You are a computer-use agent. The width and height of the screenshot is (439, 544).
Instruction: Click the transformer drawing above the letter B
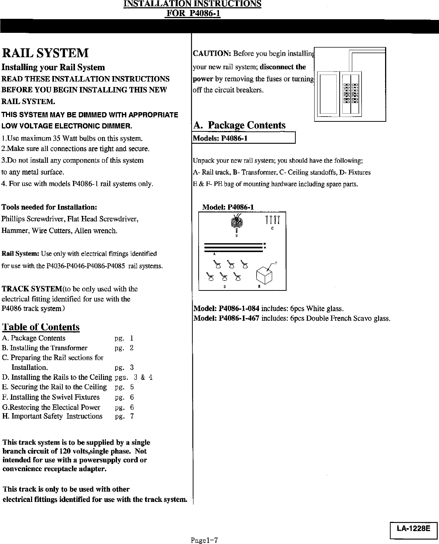pos(235,222)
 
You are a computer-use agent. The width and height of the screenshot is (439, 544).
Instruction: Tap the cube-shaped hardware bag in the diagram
pos(264,274)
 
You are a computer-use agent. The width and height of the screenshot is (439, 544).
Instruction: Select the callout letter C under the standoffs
pos(272,228)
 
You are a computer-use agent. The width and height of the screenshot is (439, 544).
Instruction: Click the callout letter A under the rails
pos(214,254)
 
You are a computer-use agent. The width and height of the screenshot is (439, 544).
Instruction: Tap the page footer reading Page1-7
pos(205,540)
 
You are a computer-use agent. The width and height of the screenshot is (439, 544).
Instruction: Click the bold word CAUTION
pos(212,54)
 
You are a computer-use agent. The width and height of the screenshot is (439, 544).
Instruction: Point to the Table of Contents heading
pos(41,327)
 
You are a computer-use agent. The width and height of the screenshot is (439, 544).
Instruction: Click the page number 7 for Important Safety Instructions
pos(132,416)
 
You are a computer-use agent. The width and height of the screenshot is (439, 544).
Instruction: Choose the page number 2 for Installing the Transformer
pos(131,348)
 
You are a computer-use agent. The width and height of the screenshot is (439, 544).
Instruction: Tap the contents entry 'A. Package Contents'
pos(34,338)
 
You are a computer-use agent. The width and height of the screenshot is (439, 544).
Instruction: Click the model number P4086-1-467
pos(239,318)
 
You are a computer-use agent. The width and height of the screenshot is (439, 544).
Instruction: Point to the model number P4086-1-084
pos(239,309)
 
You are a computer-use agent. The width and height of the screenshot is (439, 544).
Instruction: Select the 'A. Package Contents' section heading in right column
pos(239,125)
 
